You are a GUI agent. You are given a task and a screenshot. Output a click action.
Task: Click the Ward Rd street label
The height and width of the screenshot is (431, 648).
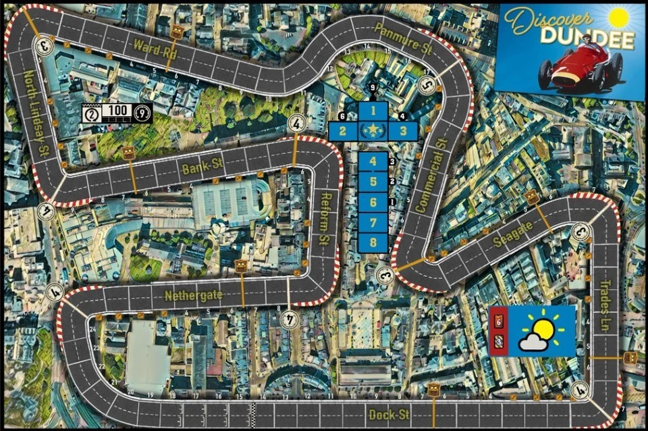click(155, 51)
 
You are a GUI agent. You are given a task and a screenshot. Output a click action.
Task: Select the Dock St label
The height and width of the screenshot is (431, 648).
click(389, 413)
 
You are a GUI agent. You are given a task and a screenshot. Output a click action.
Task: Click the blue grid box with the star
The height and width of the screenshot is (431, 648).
click(372, 130)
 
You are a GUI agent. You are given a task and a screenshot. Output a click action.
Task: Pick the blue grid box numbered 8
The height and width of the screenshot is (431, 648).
click(373, 243)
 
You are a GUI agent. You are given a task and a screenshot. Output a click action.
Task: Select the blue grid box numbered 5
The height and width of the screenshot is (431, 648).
click(373, 181)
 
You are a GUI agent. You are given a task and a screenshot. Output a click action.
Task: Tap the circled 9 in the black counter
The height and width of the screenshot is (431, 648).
click(142, 113)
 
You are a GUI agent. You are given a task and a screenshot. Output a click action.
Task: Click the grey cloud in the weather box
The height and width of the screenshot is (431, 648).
click(533, 343)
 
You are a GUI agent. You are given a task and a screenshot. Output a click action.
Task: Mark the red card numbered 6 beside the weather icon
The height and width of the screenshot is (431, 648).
click(500, 322)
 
